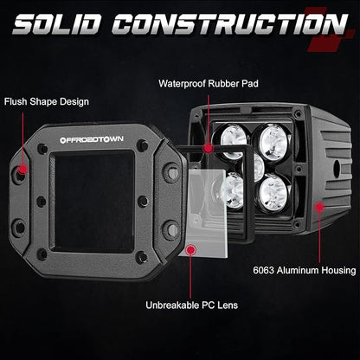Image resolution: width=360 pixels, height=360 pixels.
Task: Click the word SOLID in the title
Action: [x=56, y=24]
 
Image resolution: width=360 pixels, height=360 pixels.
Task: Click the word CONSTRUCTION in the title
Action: [x=230, y=24]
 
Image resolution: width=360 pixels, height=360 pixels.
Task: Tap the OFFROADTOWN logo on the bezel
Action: [x=92, y=140]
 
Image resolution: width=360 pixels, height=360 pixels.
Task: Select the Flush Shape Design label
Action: [x=47, y=102]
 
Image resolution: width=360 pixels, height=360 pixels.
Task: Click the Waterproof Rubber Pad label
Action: [x=209, y=84]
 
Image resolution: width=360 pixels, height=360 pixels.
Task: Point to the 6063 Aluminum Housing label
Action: [x=305, y=271]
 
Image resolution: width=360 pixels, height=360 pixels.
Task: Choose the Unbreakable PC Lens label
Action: [x=192, y=305]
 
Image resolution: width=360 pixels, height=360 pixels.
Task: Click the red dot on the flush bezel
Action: [x=22, y=169]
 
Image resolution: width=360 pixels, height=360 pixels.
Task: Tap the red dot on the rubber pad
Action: [x=208, y=148]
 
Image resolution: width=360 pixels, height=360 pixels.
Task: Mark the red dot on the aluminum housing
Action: [x=319, y=207]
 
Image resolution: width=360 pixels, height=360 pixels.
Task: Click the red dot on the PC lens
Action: [x=190, y=250]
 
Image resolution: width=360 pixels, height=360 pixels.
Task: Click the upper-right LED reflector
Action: [x=273, y=140]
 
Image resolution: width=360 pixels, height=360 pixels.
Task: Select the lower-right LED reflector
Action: [x=273, y=193]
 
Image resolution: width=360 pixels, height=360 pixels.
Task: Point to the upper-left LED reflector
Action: [x=234, y=138]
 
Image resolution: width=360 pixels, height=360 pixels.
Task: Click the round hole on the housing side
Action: [x=337, y=169]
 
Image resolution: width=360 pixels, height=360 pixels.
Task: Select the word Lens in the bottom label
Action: [x=228, y=305]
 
